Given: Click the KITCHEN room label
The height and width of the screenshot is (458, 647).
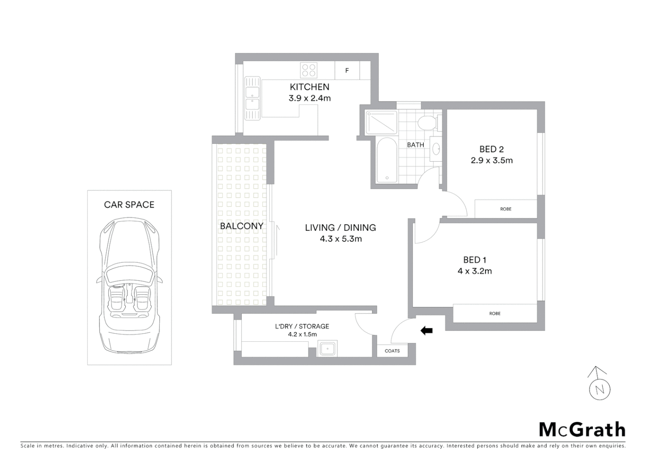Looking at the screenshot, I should click(x=309, y=87).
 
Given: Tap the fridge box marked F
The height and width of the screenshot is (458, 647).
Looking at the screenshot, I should click(x=347, y=70).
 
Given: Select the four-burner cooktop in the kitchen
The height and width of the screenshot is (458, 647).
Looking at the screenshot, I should click(x=309, y=70).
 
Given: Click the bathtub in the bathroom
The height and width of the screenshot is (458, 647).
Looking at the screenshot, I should click(x=386, y=160).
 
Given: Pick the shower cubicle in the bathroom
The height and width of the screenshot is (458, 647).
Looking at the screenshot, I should click(x=382, y=123).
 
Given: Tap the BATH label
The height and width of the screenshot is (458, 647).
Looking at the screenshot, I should click(x=415, y=145).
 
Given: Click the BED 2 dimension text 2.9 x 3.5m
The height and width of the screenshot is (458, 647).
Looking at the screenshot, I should click(x=491, y=160).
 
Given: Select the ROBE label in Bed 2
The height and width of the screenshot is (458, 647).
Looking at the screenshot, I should click(x=506, y=209).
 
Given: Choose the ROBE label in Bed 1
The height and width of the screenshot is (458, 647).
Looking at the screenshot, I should click(x=495, y=313).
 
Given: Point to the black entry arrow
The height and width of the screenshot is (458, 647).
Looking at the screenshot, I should click(x=426, y=330).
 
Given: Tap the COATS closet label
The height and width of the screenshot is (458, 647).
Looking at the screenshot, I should click(x=392, y=351).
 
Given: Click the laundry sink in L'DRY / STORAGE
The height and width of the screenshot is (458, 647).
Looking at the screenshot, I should click(x=327, y=349).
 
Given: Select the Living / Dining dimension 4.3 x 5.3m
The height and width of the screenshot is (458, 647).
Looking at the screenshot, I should click(x=340, y=239).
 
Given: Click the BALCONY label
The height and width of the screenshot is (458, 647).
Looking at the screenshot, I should click(x=241, y=226).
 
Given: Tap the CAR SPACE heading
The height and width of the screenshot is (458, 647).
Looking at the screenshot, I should click(x=129, y=204).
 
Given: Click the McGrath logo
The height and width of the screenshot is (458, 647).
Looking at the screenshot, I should click(x=582, y=429).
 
